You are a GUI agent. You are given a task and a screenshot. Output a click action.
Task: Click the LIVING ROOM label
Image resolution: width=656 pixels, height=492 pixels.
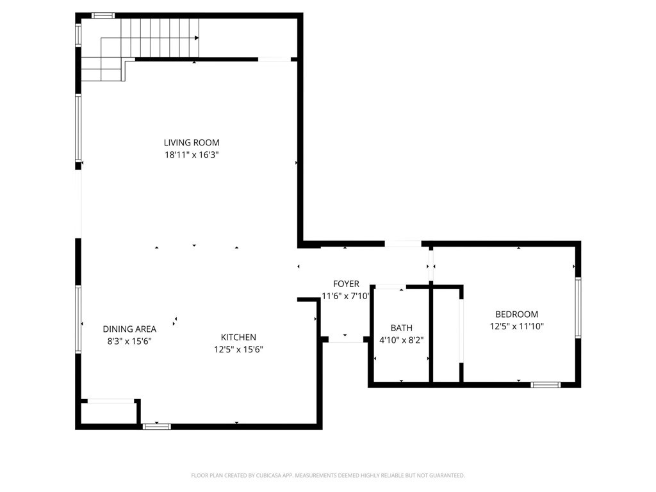[191, 143]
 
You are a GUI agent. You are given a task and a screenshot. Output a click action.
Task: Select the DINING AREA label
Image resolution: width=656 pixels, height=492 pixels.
[129, 329]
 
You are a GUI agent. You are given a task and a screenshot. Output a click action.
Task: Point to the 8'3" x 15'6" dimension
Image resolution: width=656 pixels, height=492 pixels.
[129, 341]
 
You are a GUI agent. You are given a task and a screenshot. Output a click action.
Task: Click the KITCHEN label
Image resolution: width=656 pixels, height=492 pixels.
[238, 338]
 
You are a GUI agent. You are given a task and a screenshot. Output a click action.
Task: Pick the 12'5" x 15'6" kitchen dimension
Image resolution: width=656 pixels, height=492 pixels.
[238, 350]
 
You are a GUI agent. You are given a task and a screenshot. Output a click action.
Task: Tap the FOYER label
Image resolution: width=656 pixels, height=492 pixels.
[346, 284]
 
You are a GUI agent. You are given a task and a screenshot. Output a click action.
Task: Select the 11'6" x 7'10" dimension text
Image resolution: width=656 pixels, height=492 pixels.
[346, 296]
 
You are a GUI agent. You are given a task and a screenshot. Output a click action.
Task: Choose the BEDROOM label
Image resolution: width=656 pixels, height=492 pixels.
[516, 315]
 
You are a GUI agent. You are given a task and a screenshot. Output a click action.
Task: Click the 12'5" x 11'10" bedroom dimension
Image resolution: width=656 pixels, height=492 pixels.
[516, 327]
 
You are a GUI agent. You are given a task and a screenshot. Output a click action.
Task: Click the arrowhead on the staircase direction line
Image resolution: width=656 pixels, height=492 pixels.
[196, 38]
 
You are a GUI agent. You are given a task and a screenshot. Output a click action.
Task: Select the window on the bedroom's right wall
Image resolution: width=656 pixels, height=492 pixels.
[577, 307]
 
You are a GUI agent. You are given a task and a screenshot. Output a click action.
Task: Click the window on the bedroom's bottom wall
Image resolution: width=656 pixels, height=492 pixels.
[545, 385]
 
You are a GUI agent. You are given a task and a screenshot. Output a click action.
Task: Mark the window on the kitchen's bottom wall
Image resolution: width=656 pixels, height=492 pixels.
[156, 426]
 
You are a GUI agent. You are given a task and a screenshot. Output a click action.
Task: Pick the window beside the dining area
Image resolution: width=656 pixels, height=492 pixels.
[78, 319]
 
